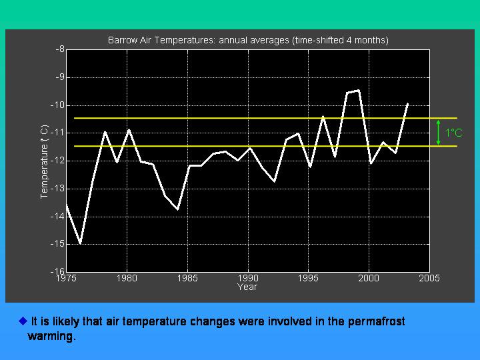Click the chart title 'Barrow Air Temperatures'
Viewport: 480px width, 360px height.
161,41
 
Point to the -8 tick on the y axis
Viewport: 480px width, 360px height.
60,49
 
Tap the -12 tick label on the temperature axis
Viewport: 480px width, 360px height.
57,161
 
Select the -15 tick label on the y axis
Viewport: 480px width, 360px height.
57,244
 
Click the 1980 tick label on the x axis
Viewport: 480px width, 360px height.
127,278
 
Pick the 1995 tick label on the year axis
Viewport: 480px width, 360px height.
308,278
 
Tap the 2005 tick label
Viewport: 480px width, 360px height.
429,278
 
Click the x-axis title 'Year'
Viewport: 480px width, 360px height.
247,287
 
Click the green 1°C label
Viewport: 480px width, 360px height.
454,133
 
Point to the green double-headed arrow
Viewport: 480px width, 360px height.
439,132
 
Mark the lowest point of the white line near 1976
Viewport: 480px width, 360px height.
80,243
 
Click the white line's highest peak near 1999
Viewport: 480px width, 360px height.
359,90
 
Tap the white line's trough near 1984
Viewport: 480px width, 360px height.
177,209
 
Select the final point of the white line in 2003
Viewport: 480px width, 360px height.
407,104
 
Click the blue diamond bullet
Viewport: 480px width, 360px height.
23,321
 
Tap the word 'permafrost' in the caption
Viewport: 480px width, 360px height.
376,321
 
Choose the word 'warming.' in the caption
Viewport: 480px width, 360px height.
51,336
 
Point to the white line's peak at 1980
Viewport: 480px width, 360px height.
129,129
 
